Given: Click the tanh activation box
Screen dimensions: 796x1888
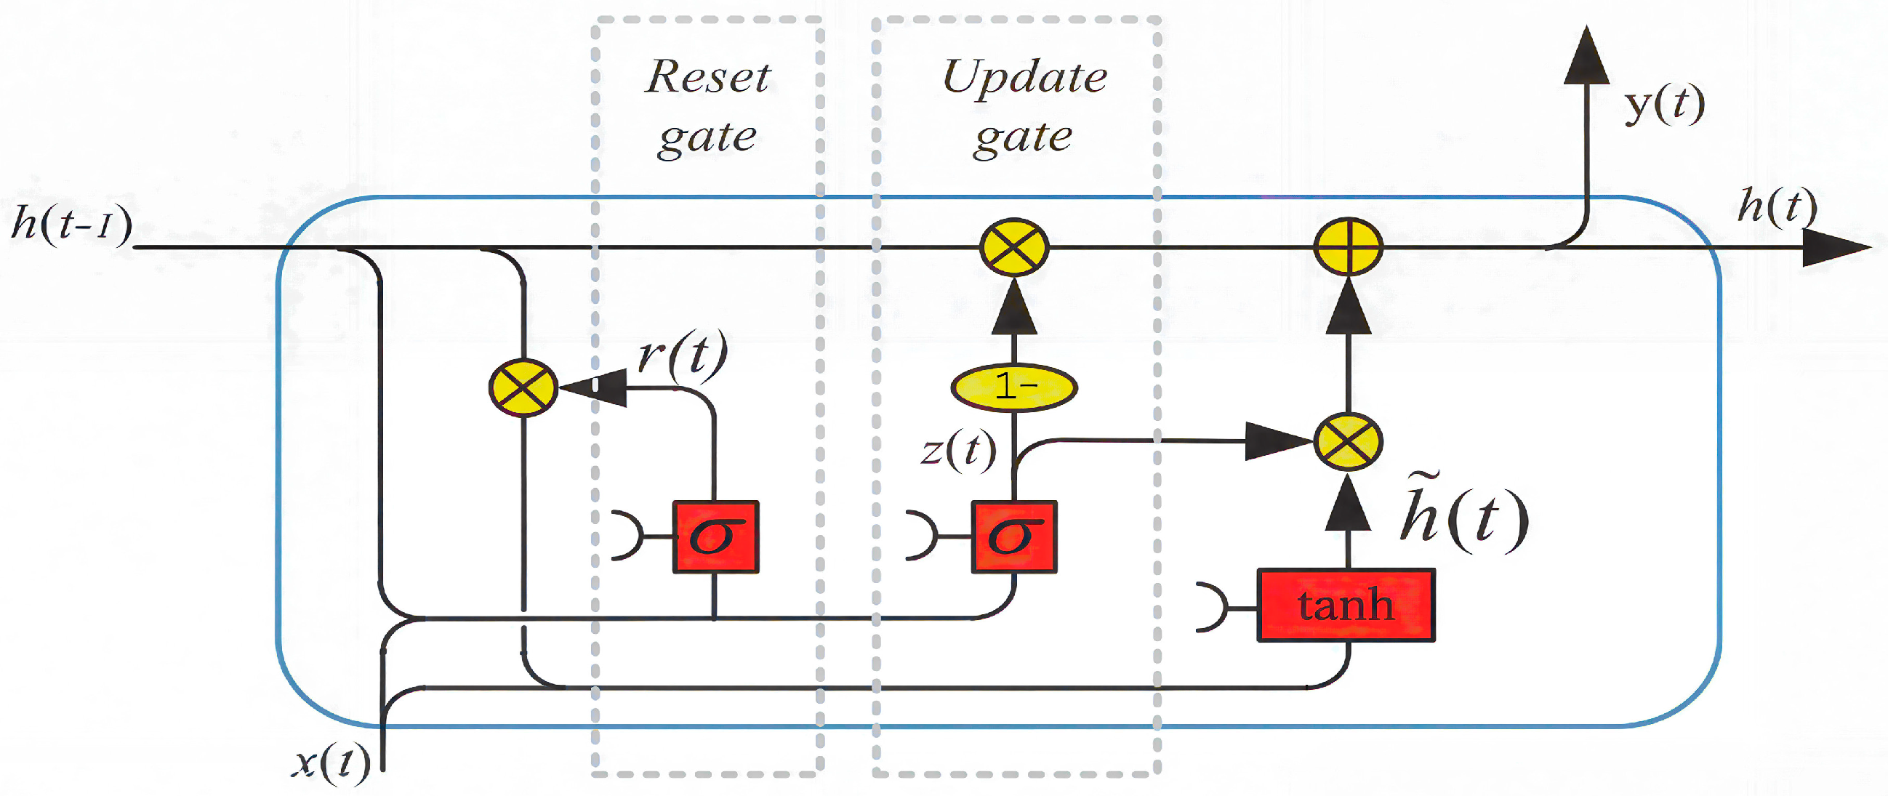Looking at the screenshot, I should [x=1346, y=606].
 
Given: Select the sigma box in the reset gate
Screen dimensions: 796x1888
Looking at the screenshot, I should [x=715, y=536].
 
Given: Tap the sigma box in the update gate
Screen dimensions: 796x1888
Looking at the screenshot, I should [x=1013, y=536].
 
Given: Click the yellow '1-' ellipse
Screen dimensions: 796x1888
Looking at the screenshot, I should [x=1013, y=387].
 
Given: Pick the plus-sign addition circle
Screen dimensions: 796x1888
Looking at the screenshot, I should [x=1349, y=248].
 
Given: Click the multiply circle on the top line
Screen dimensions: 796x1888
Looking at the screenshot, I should [x=1014, y=248].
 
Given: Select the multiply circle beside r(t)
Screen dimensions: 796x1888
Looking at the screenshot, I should [x=523, y=387].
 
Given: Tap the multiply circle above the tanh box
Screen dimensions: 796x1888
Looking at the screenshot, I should [x=1349, y=441].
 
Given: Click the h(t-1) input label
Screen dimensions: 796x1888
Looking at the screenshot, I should [x=72, y=223].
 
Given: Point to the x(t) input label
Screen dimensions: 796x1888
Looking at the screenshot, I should [x=332, y=763].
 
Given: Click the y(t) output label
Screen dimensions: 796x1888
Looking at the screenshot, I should [x=1664, y=105].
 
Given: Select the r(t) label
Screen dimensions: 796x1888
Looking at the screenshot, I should [x=683, y=355].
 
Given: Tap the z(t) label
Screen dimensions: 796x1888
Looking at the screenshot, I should [x=959, y=449].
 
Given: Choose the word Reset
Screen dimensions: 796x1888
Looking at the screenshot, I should [x=708, y=77].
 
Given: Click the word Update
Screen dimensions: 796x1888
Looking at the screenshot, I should [x=1024, y=77].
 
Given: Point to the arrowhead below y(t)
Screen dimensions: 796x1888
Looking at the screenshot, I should [x=1586, y=59].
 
